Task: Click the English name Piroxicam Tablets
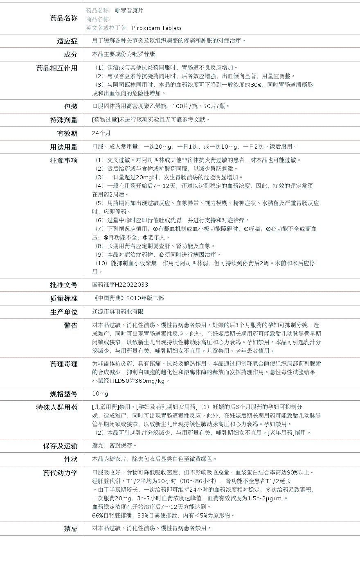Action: tap(157, 28)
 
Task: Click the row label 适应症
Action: tap(67, 41)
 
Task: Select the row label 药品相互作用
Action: tap(57, 68)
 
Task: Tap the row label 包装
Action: tap(71, 106)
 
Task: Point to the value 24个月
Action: tap(101, 133)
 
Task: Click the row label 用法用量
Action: tap(64, 147)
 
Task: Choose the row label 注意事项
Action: tap(64, 160)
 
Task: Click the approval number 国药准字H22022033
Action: tap(120, 285)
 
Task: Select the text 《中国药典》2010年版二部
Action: tap(128, 298)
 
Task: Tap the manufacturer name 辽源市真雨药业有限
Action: tap(118, 312)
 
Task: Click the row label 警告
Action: tap(71, 325)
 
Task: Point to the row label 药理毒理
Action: tap(64, 364)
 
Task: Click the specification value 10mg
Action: tap(100, 393)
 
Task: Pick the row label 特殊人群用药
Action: tap(57, 407)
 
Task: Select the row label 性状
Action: tap(71, 459)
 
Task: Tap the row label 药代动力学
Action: tap(61, 473)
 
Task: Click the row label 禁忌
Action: tap(71, 529)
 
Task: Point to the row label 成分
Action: tap(71, 54)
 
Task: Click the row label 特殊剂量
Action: tap(64, 120)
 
